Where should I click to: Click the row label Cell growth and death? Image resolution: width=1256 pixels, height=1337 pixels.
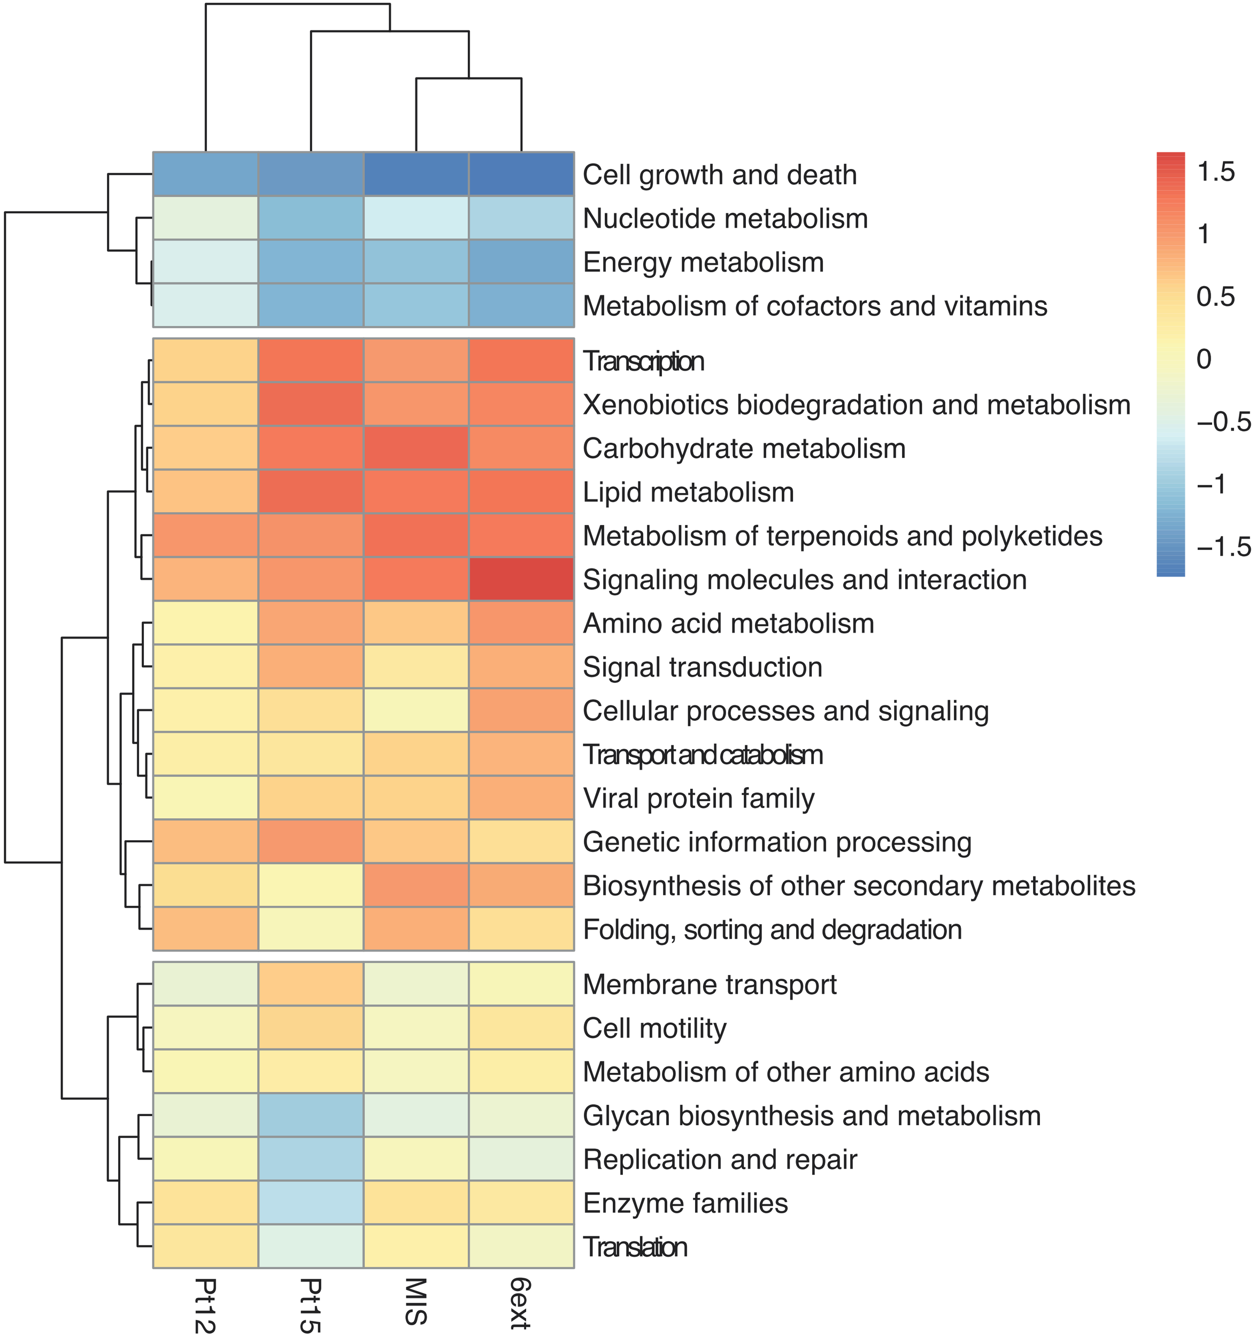coord(720,175)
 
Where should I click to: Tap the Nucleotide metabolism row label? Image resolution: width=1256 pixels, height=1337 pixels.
coord(725,219)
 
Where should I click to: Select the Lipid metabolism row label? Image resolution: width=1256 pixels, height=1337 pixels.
coord(688,493)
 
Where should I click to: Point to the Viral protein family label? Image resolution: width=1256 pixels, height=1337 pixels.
coord(699,798)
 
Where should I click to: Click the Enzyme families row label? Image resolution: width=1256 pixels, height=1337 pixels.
coord(685,1203)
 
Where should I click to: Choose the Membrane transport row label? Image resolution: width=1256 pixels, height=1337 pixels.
coord(710,985)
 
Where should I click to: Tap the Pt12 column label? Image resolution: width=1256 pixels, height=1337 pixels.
coord(206,1305)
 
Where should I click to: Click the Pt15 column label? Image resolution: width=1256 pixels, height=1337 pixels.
coord(311,1305)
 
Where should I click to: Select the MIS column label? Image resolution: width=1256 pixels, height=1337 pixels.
coord(416,1301)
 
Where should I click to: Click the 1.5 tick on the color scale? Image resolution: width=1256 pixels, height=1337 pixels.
coord(1216,172)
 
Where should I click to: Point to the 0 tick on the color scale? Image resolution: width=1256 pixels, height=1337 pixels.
coord(1204,359)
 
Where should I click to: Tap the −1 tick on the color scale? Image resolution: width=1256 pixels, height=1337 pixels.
coord(1212,484)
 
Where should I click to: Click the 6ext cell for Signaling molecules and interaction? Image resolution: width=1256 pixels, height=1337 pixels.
coord(521,579)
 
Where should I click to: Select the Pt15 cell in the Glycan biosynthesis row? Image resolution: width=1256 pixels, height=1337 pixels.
coord(311,1116)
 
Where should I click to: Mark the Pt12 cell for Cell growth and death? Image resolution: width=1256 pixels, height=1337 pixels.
coord(206,174)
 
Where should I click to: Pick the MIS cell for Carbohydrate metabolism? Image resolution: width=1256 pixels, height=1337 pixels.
coord(416,448)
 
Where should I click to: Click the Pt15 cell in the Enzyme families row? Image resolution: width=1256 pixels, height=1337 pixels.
coord(311,1203)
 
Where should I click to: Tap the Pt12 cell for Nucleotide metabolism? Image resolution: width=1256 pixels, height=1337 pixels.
coord(206,218)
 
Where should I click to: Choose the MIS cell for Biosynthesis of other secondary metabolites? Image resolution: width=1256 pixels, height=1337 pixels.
coord(416,886)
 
